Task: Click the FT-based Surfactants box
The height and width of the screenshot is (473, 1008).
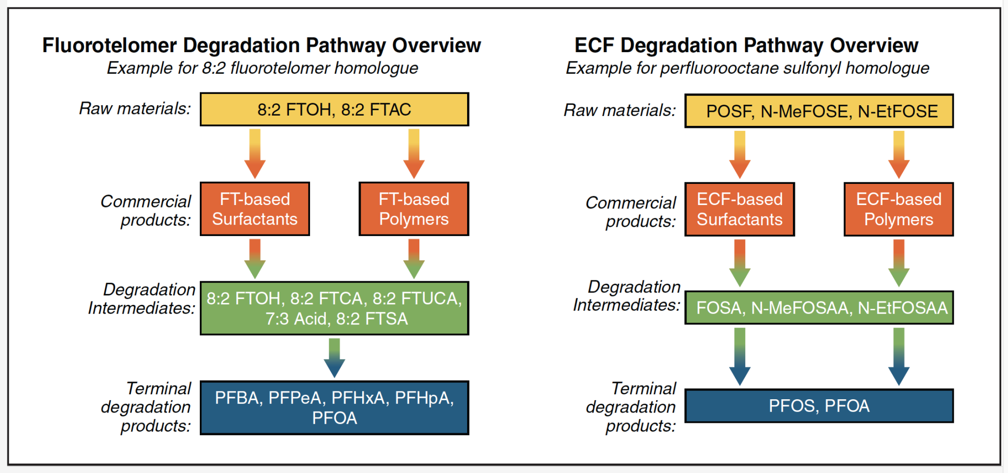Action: pos(254,209)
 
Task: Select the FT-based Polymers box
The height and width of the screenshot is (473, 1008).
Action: pos(413,209)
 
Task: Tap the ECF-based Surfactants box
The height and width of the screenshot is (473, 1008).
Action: pos(739,209)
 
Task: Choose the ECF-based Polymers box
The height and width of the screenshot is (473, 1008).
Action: pos(898,209)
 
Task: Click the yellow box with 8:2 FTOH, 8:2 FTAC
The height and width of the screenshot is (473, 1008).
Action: pos(334,109)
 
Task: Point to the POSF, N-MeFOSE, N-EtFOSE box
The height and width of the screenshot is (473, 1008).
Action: pos(819,111)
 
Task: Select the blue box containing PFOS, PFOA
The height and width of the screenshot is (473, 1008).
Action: pos(819,406)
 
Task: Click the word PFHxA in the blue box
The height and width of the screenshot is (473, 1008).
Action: pos(358,398)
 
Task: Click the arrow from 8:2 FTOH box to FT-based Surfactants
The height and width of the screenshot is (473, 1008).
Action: pos(254,153)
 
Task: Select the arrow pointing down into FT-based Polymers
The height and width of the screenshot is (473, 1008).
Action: pos(413,153)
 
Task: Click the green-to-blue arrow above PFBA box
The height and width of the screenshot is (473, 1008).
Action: pos(334,357)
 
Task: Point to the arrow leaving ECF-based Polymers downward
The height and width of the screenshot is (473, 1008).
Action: pos(898,263)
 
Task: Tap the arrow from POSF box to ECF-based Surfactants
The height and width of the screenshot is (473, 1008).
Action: pos(739,154)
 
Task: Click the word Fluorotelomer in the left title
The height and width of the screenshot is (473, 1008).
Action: pos(109,45)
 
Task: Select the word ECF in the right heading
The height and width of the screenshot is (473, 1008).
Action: pos(594,45)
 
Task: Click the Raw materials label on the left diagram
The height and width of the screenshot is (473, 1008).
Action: pos(135,109)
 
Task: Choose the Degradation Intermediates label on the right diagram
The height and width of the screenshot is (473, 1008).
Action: pos(627,296)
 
